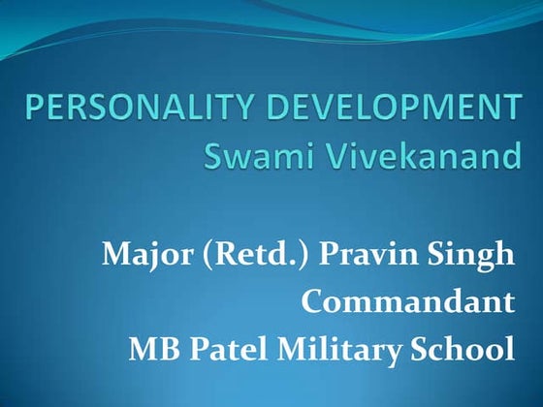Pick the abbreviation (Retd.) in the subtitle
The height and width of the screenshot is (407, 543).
click(x=242, y=257)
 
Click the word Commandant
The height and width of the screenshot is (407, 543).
click(x=407, y=302)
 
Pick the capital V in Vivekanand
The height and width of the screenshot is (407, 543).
click(x=327, y=154)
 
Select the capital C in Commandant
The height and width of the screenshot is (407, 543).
click(x=313, y=302)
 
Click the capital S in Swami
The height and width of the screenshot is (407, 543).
click(x=211, y=154)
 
